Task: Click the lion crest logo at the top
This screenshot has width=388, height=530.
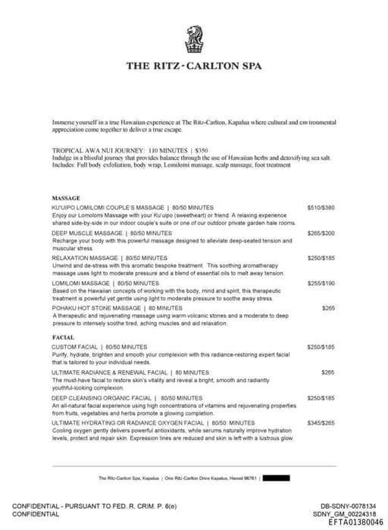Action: tap(194, 39)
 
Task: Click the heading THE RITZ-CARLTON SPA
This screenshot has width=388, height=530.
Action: tap(194, 65)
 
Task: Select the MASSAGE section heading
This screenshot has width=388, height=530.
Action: tap(66, 198)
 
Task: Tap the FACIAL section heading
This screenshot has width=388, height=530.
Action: tap(63, 337)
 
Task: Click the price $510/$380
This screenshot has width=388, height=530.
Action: tap(321, 207)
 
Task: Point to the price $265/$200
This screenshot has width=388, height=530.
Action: tap(321, 233)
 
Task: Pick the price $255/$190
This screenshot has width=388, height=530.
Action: tap(321, 283)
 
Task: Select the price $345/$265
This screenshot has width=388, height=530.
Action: tap(321, 422)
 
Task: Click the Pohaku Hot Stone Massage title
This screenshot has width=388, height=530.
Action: tap(106, 308)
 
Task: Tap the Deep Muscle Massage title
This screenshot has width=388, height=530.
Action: tap(111, 233)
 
